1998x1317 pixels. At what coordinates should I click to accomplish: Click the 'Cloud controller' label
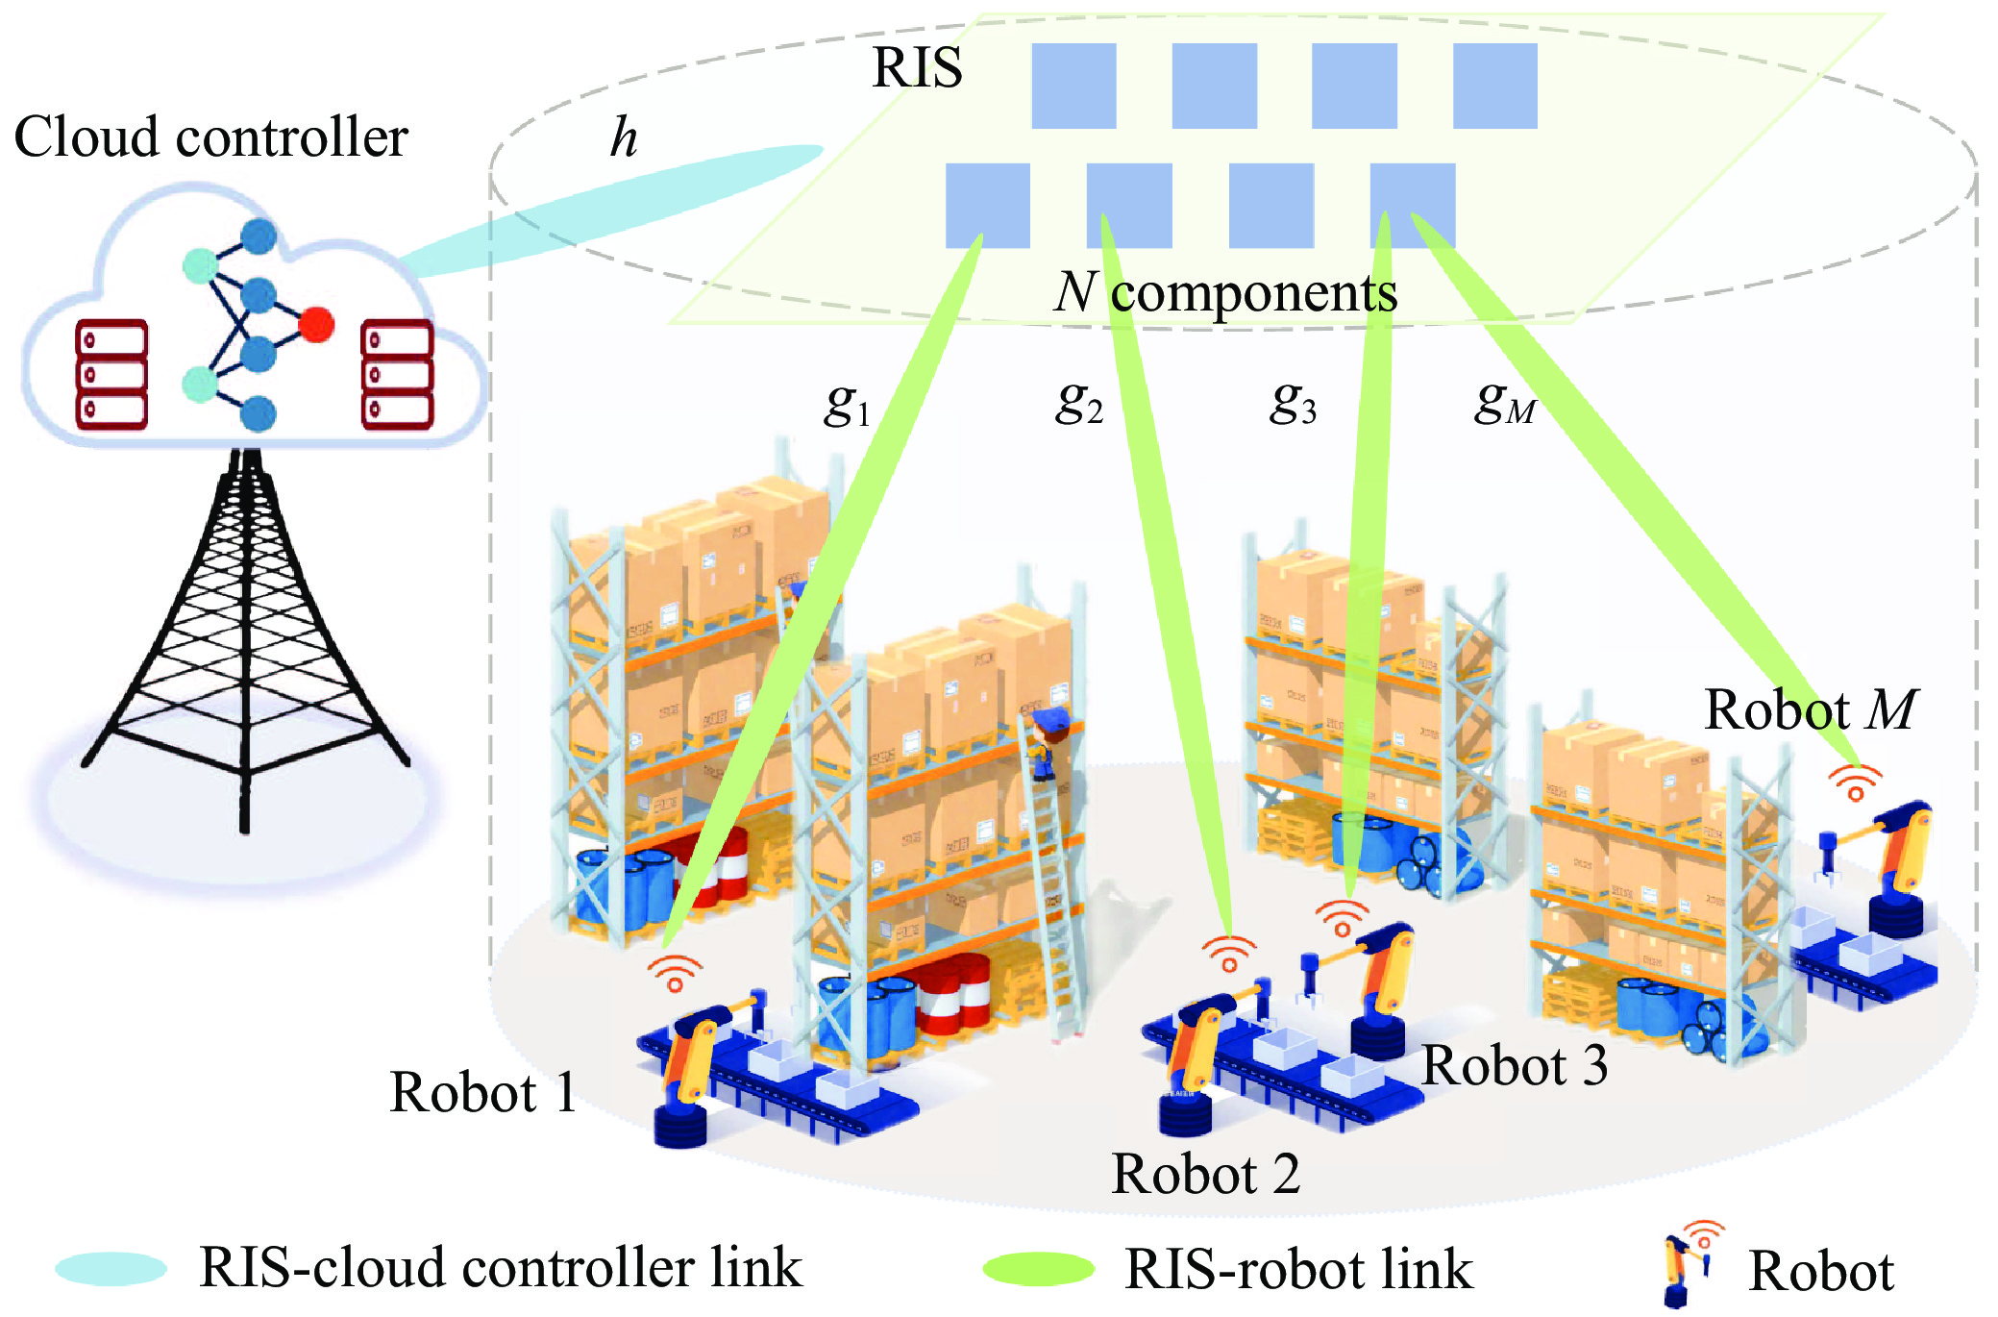tap(210, 137)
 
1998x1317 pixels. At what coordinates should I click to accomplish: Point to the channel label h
tap(624, 137)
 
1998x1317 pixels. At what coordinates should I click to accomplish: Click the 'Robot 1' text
tap(483, 1092)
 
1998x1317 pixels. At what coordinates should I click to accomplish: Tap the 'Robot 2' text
tap(1205, 1174)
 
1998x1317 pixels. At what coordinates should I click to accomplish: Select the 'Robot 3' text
tap(1515, 1065)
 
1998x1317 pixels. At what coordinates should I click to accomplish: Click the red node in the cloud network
tap(316, 325)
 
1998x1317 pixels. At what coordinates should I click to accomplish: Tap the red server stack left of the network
tap(111, 374)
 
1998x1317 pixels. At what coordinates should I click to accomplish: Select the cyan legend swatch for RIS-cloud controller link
tap(111, 1269)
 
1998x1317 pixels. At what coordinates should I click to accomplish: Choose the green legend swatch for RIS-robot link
tap(1038, 1269)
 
